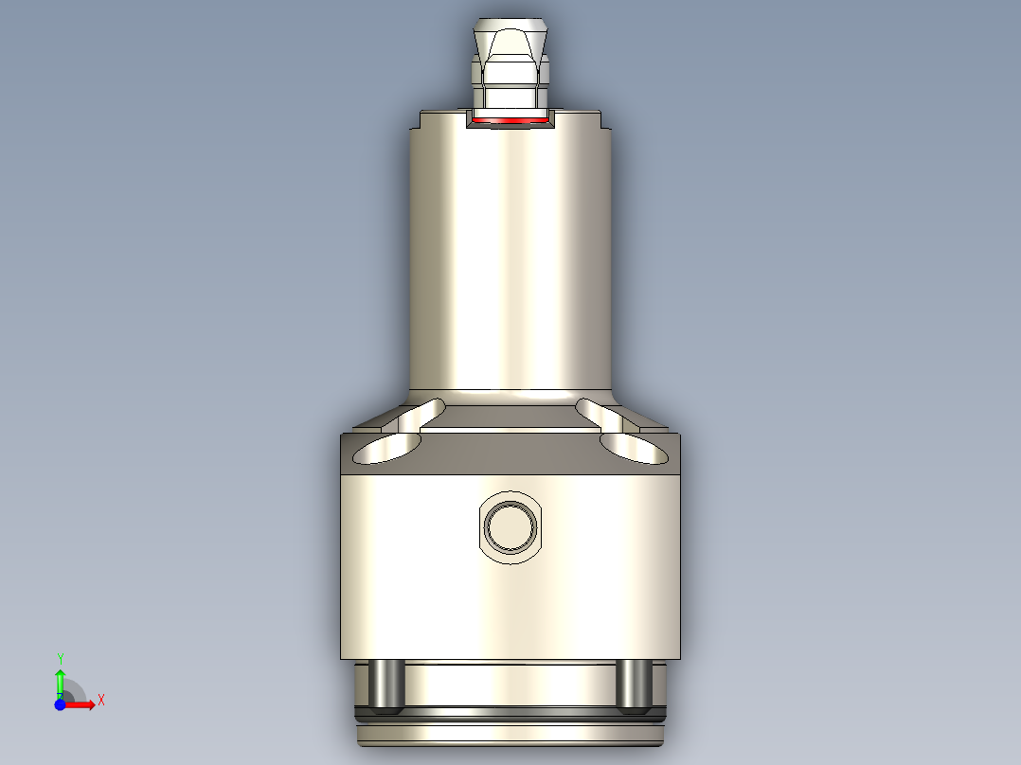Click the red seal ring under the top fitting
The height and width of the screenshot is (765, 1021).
(510, 121)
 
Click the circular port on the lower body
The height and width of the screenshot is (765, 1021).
(510, 525)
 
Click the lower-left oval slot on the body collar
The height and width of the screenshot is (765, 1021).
(385, 451)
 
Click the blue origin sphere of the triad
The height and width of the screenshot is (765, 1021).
(60, 704)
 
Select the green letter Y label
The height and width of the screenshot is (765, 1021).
(60, 658)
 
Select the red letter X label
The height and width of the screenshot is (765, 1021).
(101, 701)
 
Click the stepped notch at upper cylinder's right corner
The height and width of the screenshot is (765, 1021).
(603, 121)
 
